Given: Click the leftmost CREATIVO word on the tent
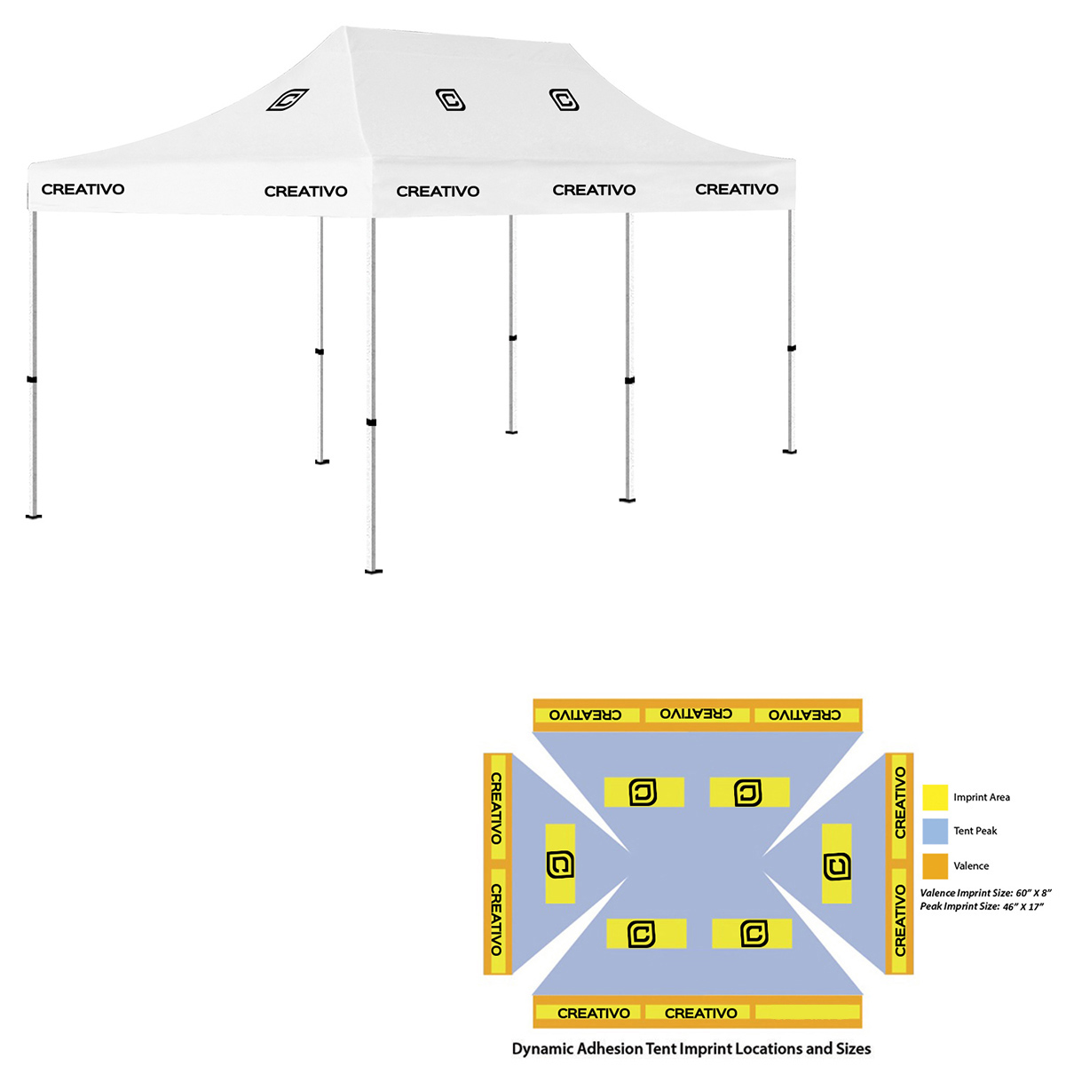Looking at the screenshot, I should pyautogui.click(x=83, y=189).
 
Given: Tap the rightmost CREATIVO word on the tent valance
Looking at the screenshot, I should pyautogui.click(x=737, y=189).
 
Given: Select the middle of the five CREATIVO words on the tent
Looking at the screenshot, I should pyautogui.click(x=438, y=191).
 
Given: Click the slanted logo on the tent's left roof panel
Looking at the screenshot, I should pyautogui.click(x=288, y=99).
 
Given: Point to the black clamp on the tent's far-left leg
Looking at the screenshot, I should pyautogui.click(x=32, y=380).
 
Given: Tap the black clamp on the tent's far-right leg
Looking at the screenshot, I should pyautogui.click(x=791, y=348).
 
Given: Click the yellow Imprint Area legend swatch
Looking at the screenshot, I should pyautogui.click(x=936, y=797).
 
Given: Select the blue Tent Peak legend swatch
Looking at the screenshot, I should pyautogui.click(x=936, y=831).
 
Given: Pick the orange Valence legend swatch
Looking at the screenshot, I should pyautogui.click(x=936, y=865).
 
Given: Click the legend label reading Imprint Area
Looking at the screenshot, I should pyautogui.click(x=981, y=797).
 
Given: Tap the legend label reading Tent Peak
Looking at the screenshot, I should pyautogui.click(x=975, y=831).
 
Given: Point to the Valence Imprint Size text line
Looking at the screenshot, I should pyautogui.click(x=984, y=893).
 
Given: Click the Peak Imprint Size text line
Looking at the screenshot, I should pyautogui.click(x=981, y=906).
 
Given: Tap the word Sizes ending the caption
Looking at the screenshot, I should pyautogui.click(x=851, y=1049).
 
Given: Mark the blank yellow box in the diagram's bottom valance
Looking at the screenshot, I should pyautogui.click(x=807, y=1013).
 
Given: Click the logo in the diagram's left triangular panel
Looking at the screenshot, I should pyautogui.click(x=560, y=865).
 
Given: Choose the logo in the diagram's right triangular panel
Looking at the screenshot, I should pyautogui.click(x=836, y=865).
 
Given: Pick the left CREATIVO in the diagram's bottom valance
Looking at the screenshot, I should pyautogui.click(x=593, y=1013).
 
